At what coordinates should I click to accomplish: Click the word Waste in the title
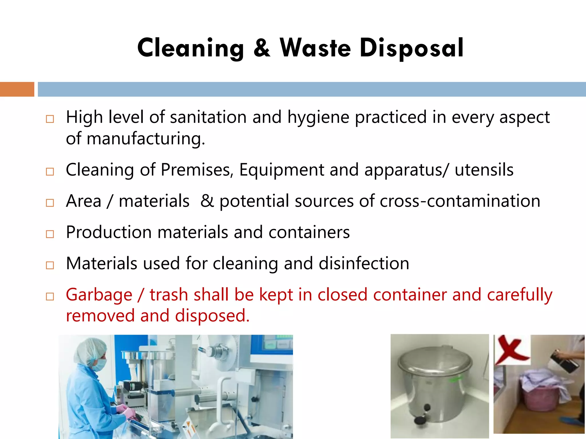315,48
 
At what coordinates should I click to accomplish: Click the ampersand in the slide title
262,48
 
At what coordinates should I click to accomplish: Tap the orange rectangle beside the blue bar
17,89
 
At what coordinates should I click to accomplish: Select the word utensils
484,170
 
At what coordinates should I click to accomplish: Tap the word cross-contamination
460,201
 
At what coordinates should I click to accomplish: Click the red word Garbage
99,295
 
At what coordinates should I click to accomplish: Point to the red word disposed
212,316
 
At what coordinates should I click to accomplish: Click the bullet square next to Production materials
50,234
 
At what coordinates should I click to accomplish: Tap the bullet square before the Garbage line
50,296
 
